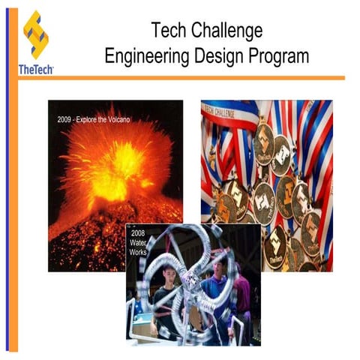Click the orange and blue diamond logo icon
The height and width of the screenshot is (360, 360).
35,34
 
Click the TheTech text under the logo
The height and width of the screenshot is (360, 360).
35,70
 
